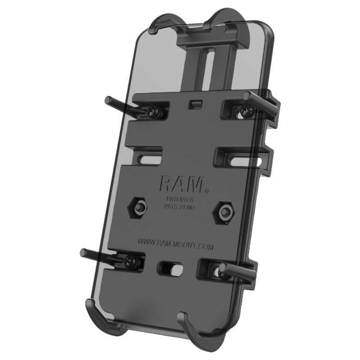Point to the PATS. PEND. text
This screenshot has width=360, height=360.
[x=179, y=206]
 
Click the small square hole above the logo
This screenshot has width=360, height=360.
[x=194, y=104]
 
